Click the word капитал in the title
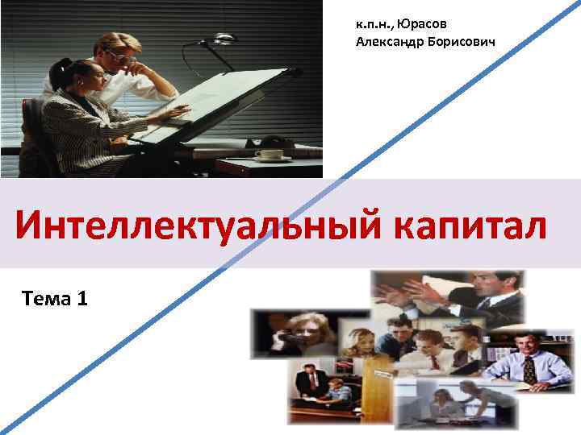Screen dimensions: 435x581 pos(471,225)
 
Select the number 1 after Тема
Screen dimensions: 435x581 pos(84,300)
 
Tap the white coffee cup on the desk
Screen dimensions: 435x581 pos(265,153)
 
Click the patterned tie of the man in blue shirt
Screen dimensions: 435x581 pos(528,371)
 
